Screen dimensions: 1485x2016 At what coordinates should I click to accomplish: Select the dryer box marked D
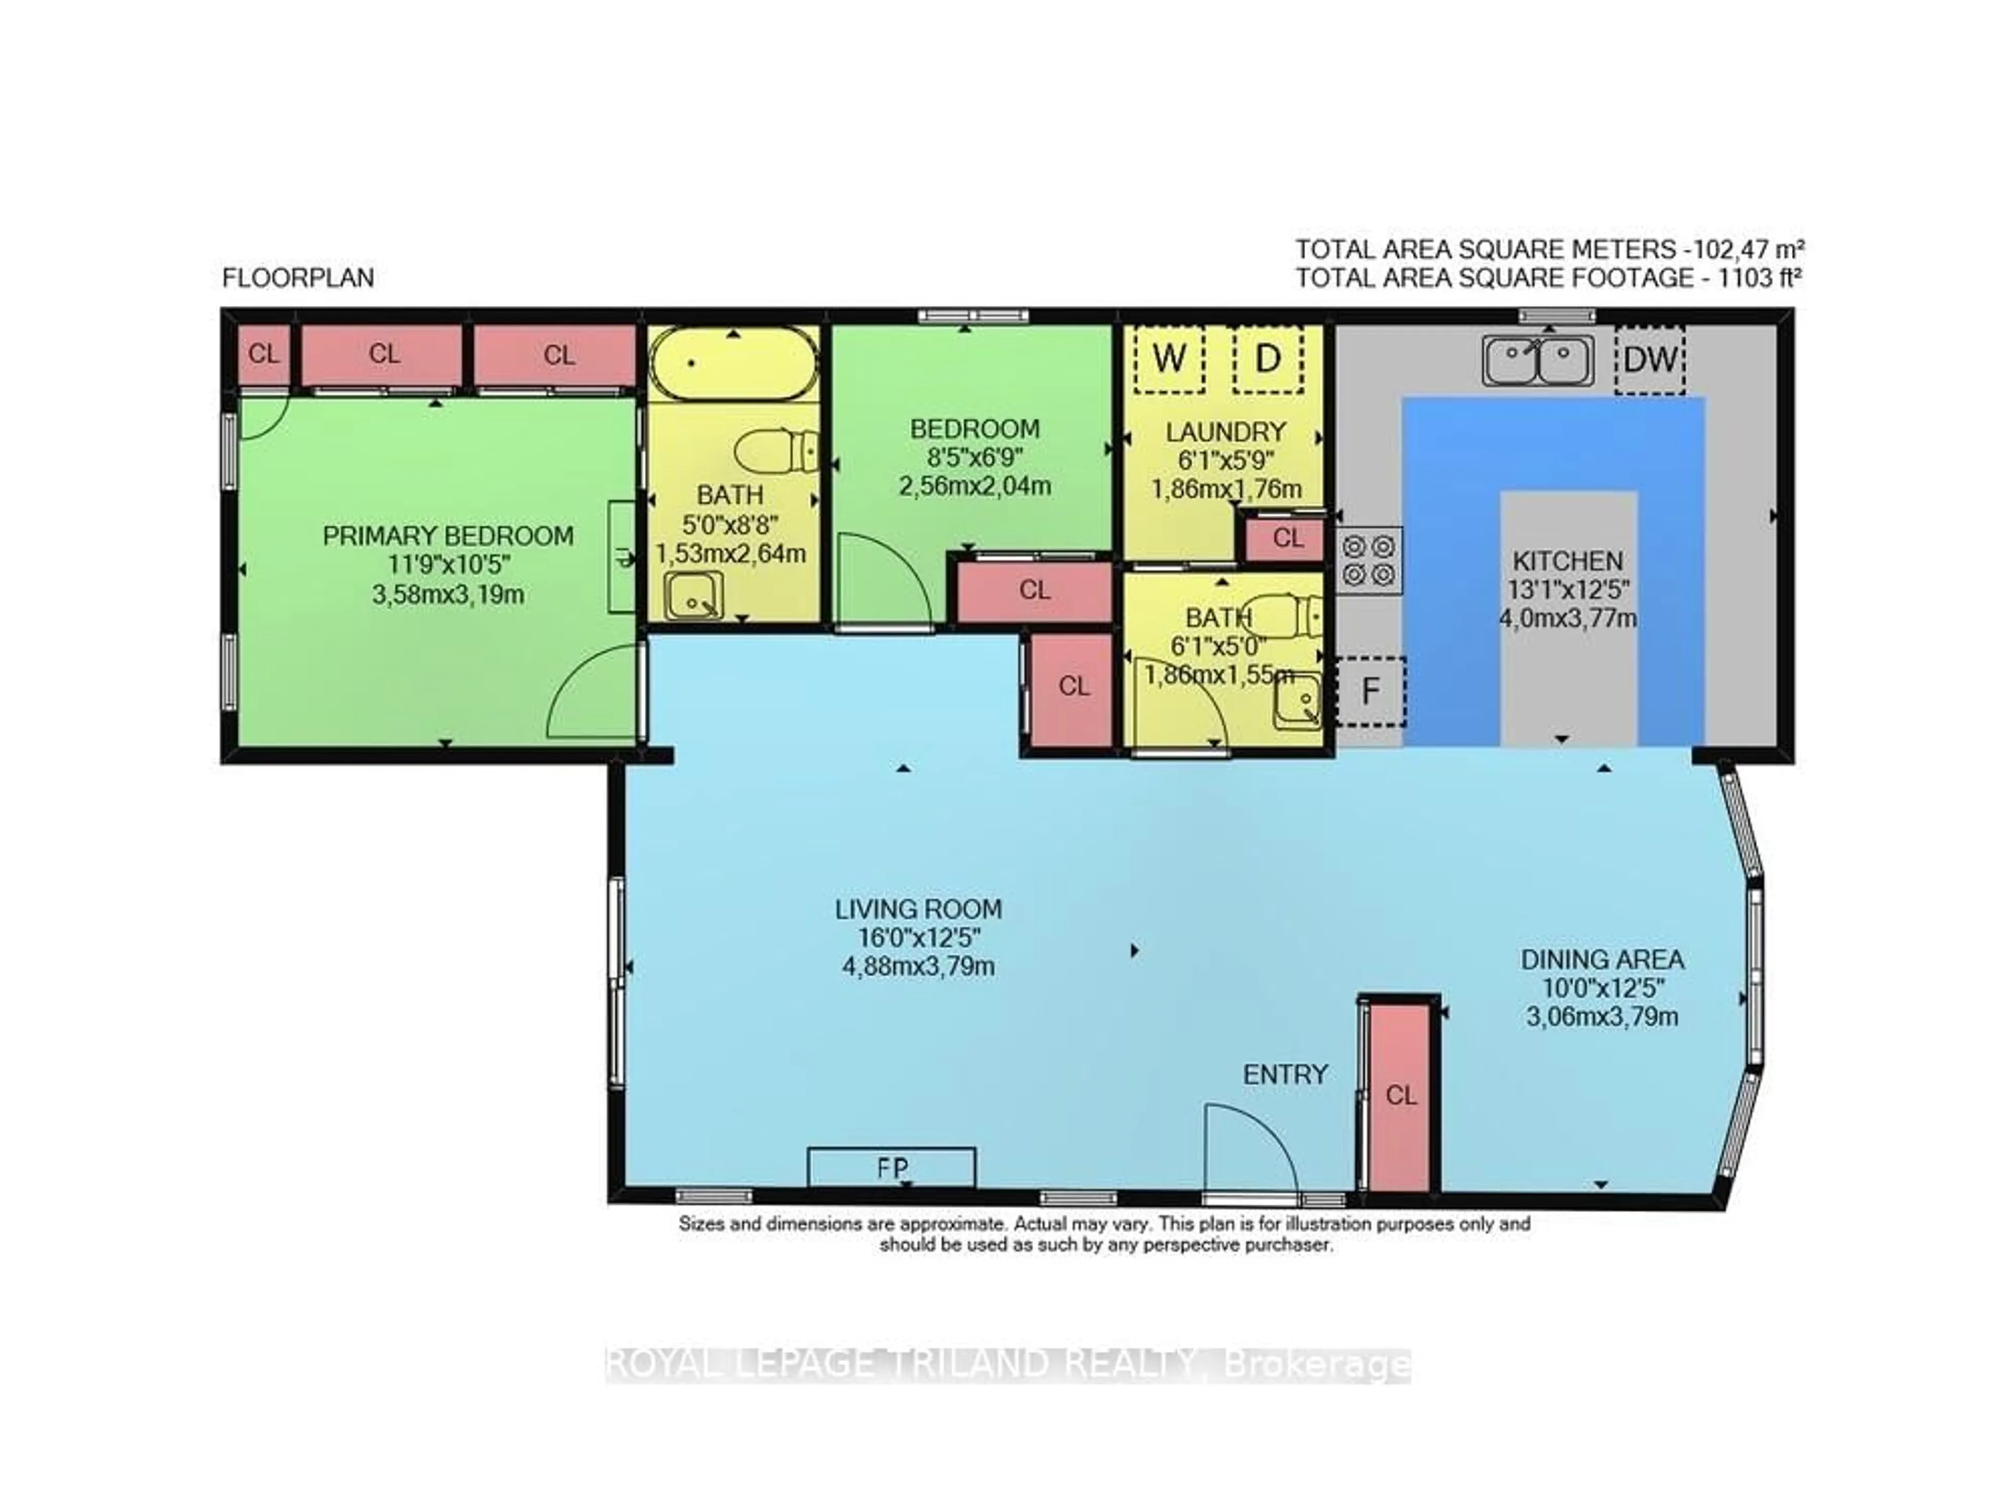click(1267, 359)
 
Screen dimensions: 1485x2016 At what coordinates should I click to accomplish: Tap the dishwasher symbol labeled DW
click(1649, 359)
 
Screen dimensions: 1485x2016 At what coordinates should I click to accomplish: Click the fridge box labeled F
click(1370, 691)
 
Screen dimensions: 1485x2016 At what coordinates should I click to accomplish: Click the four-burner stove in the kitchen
click(1368, 560)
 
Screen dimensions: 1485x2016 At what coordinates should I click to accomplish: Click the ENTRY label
click(1285, 1074)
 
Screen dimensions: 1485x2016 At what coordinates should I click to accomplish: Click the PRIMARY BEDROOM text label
click(448, 536)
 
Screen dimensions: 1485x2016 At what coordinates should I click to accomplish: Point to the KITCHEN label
click(1567, 561)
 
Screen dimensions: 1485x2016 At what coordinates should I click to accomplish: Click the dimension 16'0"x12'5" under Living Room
click(918, 938)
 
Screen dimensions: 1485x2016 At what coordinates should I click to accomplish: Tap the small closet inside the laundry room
click(1287, 537)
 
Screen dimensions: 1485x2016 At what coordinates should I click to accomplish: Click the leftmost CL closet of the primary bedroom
click(264, 354)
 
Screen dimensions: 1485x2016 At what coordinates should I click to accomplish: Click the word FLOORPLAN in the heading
click(298, 278)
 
